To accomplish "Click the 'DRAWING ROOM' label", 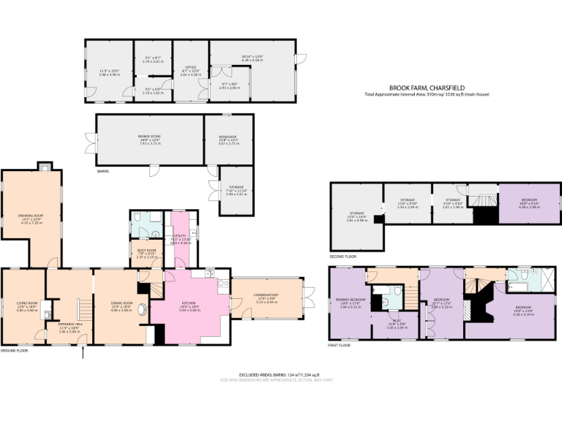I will (x=31, y=216).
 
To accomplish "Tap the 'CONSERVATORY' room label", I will (x=266, y=295).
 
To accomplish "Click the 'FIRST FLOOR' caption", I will (x=339, y=345).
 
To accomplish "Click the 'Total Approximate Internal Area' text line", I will (x=427, y=94).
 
